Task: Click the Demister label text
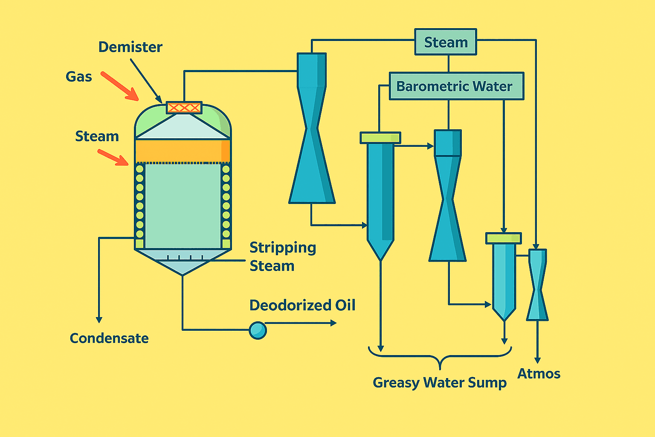[x=130, y=47]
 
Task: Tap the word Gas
[x=79, y=77]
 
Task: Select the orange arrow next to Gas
[x=120, y=86]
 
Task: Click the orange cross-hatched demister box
[x=184, y=108]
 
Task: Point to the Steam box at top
[x=446, y=42]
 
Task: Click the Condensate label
[x=109, y=338]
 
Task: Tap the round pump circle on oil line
[x=258, y=330]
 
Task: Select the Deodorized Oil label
[x=302, y=306]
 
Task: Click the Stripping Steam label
[x=282, y=256]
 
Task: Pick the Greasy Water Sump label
[x=440, y=382]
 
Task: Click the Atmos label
[x=539, y=374]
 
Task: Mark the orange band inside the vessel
[x=183, y=151]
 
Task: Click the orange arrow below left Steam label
[x=113, y=157]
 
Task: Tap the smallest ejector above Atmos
[x=537, y=285]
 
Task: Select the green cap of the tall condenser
[x=380, y=138]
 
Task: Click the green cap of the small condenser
[x=504, y=238]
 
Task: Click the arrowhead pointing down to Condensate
[x=99, y=319]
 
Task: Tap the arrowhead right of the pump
[x=333, y=323]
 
